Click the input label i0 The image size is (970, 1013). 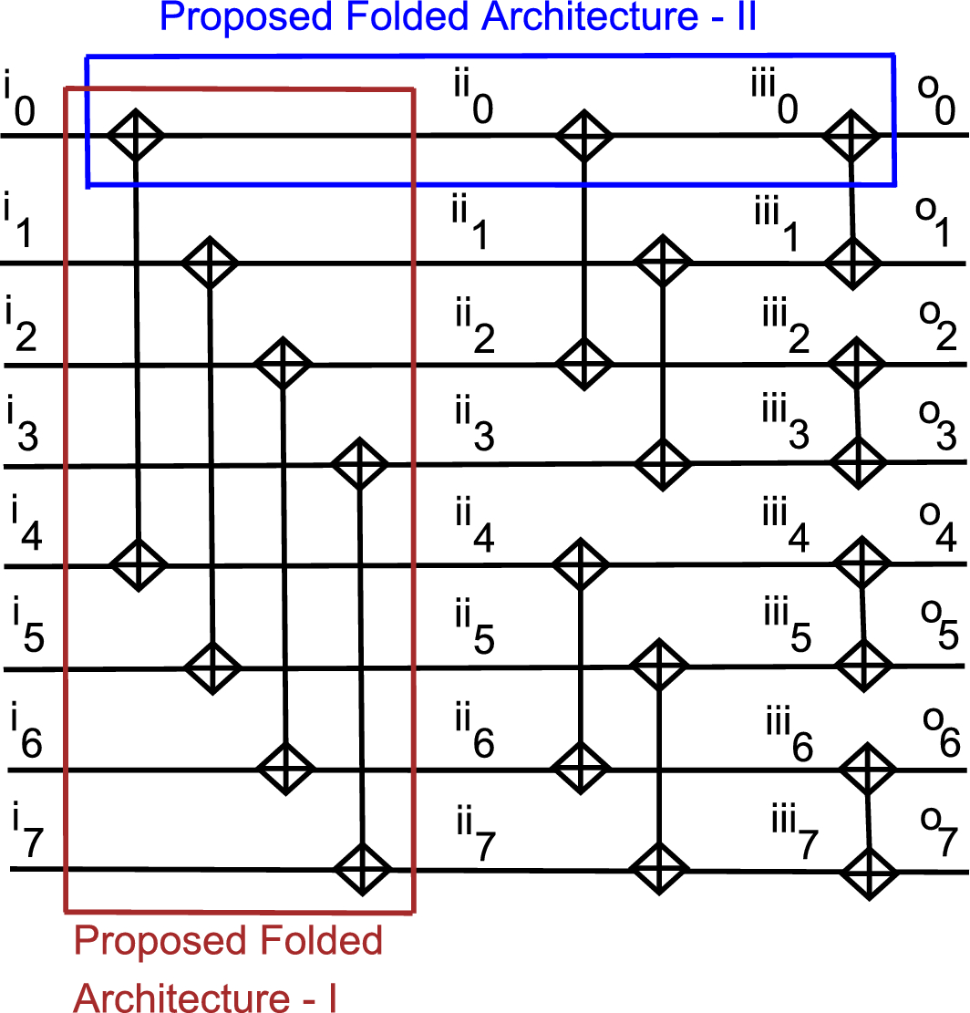[20, 98]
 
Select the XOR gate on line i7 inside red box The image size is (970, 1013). [362, 869]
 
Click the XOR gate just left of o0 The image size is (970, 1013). [851, 137]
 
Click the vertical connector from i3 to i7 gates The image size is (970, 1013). [363, 666]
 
